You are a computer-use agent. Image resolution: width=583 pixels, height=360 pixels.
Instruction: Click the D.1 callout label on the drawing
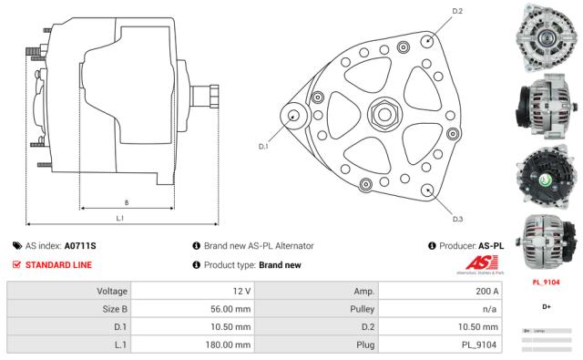[263, 146]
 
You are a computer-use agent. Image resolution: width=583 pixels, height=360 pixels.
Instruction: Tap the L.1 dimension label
[120, 219]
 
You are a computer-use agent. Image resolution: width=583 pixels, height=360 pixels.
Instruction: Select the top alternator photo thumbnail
[544, 32]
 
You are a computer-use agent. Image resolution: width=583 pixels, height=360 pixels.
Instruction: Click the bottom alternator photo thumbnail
[544, 242]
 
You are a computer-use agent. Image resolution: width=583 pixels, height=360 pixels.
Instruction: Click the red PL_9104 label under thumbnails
[545, 283]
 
